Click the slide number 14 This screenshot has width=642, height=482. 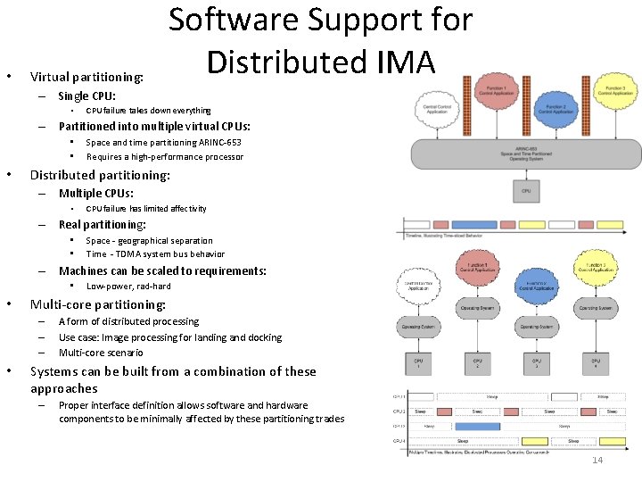tap(597, 460)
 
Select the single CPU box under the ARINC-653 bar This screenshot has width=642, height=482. tap(525, 191)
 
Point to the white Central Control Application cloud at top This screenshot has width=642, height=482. tap(437, 109)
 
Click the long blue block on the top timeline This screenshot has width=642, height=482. tap(474, 225)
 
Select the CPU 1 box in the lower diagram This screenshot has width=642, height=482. tap(418, 363)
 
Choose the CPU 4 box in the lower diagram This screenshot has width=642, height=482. tap(595, 363)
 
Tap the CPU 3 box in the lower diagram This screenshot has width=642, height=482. tap(536, 363)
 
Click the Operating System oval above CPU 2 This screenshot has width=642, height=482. tap(477, 307)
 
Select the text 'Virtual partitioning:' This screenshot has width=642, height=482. tap(86, 77)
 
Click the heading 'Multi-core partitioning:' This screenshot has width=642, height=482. tap(98, 304)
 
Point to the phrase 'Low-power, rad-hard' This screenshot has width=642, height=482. tap(128, 287)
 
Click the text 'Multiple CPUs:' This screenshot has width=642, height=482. tap(96, 193)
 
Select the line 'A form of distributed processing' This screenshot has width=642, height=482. tap(129, 321)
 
